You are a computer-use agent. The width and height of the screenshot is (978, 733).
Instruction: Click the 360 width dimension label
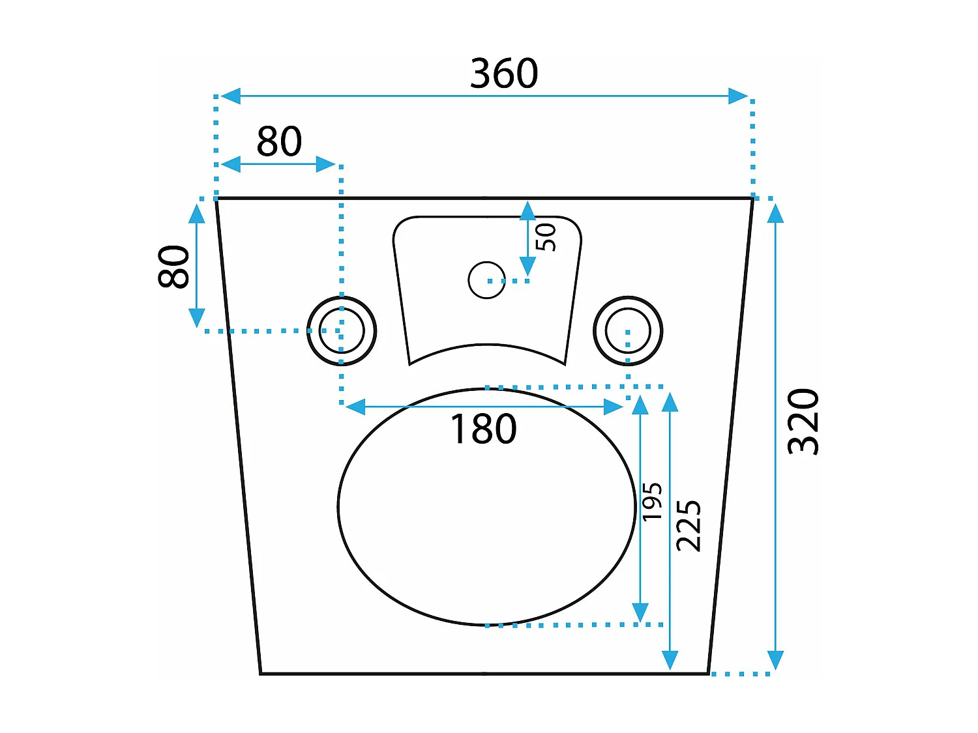tap(504, 73)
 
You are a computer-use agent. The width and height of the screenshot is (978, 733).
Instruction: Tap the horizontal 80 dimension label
tap(279, 141)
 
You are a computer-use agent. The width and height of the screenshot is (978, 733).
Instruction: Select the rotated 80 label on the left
tap(173, 266)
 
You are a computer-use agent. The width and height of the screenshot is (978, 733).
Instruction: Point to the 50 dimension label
tap(546, 237)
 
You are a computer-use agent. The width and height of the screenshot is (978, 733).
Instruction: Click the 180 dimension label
tap(483, 429)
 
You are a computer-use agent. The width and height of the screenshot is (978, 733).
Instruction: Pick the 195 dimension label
tap(652, 501)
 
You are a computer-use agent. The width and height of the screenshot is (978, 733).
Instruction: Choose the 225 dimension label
tap(689, 525)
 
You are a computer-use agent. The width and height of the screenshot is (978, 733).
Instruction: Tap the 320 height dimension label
tap(803, 422)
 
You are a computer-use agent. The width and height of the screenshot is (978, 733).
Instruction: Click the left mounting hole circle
tap(342, 330)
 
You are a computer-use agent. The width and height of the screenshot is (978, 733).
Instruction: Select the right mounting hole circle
tap(627, 330)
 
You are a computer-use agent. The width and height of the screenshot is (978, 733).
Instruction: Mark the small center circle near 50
tap(486, 280)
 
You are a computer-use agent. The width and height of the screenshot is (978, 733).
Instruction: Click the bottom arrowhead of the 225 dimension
tap(670, 660)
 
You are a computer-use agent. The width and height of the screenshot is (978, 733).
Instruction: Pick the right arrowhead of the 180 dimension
tap(614, 407)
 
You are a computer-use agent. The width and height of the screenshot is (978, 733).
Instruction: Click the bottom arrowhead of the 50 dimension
tap(527, 266)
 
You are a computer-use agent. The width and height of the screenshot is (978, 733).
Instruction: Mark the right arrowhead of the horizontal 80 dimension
tap(325, 164)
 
